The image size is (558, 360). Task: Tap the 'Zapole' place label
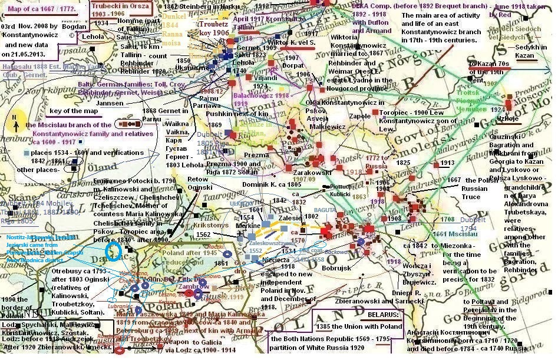coord(359,117)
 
